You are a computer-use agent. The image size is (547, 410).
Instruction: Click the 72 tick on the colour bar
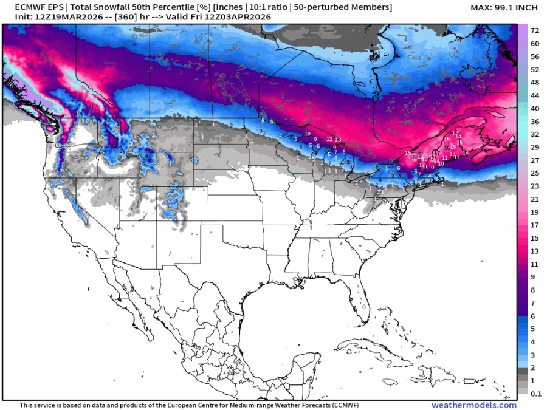point(535,30)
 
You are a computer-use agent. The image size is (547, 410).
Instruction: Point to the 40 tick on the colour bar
point(535,108)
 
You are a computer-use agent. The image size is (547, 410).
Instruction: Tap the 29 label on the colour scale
point(535,148)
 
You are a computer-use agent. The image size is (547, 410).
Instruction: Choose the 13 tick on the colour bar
point(535,251)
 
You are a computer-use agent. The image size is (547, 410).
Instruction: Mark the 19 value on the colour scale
point(535,212)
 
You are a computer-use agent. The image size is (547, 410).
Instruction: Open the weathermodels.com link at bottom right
point(474,405)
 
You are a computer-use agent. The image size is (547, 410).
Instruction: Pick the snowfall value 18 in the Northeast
point(413,157)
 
